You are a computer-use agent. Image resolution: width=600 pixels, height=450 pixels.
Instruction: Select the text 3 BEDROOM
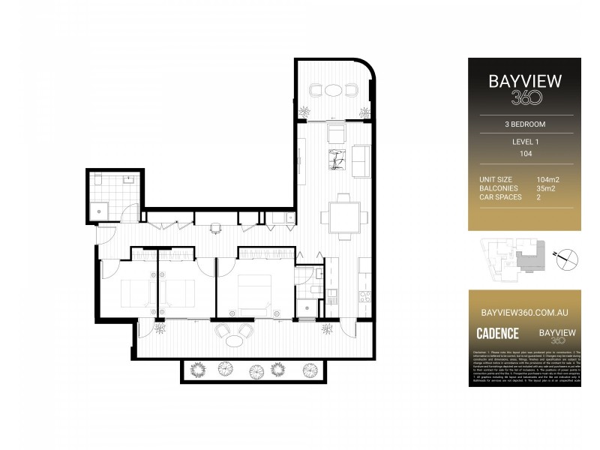[524, 124]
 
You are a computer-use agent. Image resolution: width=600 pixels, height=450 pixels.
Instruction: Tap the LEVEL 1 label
[524, 142]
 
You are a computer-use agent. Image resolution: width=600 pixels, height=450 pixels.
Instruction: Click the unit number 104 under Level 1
[524, 153]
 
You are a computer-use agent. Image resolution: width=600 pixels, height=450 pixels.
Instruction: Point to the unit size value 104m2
[547, 180]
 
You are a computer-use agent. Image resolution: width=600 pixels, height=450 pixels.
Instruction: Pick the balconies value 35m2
[547, 188]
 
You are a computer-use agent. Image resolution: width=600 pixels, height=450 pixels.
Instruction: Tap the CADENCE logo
[497, 332]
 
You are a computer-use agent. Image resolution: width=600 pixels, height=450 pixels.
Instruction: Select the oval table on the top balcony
[333, 90]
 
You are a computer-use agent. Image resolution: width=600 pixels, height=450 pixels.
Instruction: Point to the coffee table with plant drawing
[335, 160]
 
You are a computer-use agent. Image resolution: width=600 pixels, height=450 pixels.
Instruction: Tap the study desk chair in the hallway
[215, 227]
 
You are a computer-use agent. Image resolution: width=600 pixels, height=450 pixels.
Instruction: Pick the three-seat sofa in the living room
[361, 160]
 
